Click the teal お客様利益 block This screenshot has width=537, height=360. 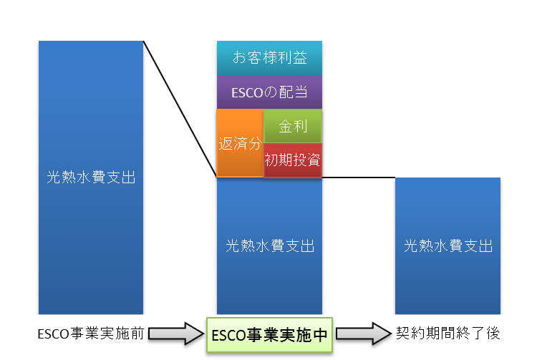pyautogui.click(x=269, y=58)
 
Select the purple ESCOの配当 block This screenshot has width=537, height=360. pyautogui.click(x=269, y=92)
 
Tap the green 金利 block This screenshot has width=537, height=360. pyautogui.click(x=293, y=126)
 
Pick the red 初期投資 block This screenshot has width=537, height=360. pyautogui.click(x=293, y=160)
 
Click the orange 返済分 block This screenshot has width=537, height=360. pyautogui.click(x=240, y=143)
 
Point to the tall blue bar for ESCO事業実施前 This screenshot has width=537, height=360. pyautogui.click(x=91, y=177)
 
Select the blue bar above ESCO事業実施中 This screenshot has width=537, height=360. pyautogui.click(x=269, y=245)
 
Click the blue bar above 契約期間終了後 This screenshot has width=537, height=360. pyautogui.click(x=447, y=245)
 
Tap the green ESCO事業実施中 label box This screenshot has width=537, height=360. pyautogui.click(x=269, y=335)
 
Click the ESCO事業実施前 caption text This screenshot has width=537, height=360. pyautogui.click(x=91, y=334)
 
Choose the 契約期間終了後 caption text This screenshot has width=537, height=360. pyautogui.click(x=448, y=333)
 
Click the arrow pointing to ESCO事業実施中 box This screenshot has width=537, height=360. pyautogui.click(x=176, y=334)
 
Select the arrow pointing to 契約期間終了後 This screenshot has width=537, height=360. pyautogui.click(x=364, y=334)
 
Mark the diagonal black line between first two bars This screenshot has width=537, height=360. pyautogui.click(x=180, y=110)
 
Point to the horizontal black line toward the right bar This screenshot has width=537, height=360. pyautogui.click(x=359, y=177)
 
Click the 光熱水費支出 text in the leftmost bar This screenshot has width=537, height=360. pyautogui.click(x=91, y=177)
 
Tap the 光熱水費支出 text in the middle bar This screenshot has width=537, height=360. pyautogui.click(x=270, y=245)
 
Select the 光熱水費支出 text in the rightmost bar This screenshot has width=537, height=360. pyautogui.click(x=448, y=245)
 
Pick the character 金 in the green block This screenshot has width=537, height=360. pyautogui.click(x=285, y=126)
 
